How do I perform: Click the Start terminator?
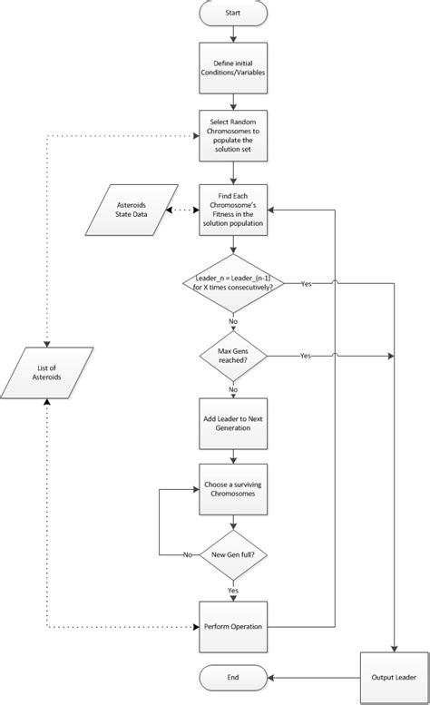point(233,14)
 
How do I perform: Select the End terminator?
point(233,676)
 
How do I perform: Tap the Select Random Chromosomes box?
point(233,136)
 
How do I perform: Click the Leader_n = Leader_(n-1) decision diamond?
point(233,284)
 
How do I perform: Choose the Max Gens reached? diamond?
point(233,357)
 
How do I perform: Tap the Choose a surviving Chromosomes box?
point(233,490)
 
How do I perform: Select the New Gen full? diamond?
point(233,553)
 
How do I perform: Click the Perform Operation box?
point(233,626)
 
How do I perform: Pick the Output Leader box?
point(394,676)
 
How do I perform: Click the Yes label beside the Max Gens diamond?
point(305,357)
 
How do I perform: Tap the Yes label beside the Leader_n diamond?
point(306,284)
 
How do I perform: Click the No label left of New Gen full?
point(188,553)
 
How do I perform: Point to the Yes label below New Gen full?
point(233,589)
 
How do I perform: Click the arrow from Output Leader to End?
point(313,676)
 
